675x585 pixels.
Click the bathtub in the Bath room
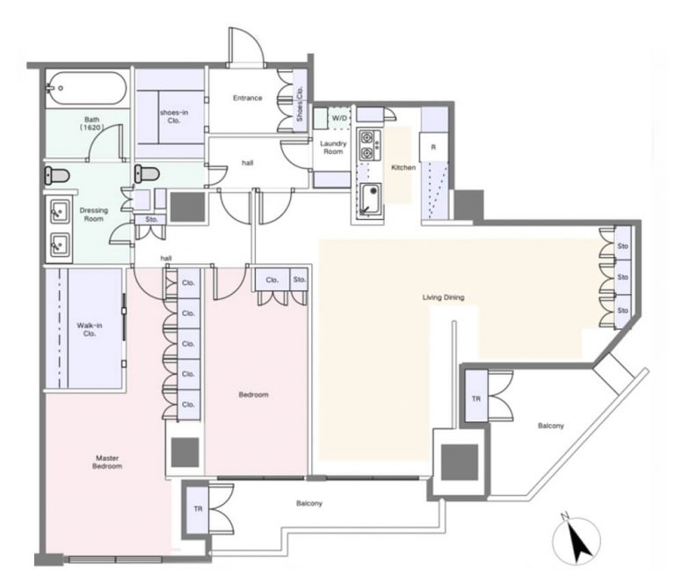86,88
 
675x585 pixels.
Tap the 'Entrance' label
248,99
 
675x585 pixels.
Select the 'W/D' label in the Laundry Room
339,118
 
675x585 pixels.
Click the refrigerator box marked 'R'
433,147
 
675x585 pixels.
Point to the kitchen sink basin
370,199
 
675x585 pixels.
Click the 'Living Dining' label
443,297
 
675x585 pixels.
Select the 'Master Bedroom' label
107,462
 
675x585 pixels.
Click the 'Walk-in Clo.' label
90,330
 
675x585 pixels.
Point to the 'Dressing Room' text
94,215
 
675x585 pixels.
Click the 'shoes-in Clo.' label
174,117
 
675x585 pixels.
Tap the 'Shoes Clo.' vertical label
300,104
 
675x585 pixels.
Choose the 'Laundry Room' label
333,147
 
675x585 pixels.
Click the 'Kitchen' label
403,167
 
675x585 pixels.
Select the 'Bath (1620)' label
91,123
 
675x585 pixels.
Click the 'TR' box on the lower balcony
198,508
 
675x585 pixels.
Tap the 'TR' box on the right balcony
476,399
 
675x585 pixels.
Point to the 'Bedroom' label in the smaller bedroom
253,395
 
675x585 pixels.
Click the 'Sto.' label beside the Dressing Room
151,219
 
